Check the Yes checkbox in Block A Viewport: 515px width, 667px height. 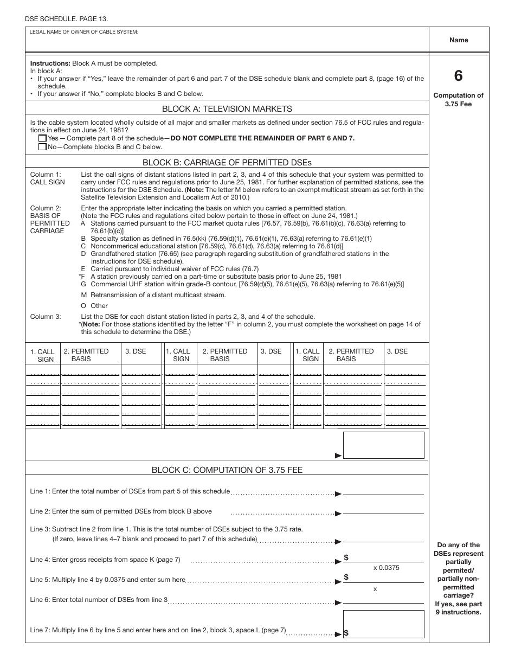point(43,138)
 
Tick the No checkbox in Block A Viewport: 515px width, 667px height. point(43,147)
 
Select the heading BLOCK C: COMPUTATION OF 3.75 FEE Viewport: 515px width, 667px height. point(227,470)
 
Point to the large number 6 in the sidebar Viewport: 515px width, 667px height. point(459,76)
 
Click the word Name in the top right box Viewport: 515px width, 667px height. point(459,40)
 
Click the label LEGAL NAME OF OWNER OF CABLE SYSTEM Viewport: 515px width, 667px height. point(84,32)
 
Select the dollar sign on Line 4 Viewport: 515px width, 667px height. point(346,557)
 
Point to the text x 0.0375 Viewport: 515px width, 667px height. point(386,568)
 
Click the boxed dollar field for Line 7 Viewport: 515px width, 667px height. point(384,623)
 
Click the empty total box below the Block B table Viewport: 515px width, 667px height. point(384,445)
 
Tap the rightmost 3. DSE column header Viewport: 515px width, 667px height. point(397,351)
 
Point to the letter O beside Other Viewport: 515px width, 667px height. point(83,306)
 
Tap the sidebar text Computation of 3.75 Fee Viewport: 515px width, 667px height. point(459,100)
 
